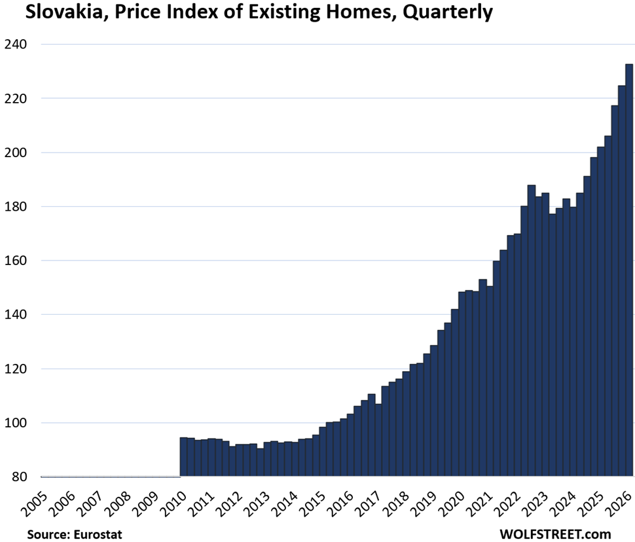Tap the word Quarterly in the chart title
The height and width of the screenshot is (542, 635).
(448, 13)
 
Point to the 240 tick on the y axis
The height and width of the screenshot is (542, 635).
(16, 44)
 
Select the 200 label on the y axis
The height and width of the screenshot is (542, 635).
(16, 153)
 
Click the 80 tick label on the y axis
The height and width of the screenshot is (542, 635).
(18, 477)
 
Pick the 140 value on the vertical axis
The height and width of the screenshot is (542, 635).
(16, 314)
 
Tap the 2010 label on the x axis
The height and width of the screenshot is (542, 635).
(173, 503)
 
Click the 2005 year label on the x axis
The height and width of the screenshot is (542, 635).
(34, 503)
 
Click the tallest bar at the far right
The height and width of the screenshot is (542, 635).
(629, 270)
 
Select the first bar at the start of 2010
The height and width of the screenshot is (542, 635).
(183, 456)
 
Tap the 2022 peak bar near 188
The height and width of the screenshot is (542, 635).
(532, 330)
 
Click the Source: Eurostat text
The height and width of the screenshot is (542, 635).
(75, 534)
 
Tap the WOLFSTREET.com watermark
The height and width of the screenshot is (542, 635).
(555, 534)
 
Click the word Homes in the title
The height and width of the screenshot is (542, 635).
(361, 12)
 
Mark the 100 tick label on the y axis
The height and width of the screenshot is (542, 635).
(16, 422)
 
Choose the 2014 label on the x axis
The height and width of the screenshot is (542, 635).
(285, 503)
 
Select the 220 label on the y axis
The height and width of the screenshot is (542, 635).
(16, 98)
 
